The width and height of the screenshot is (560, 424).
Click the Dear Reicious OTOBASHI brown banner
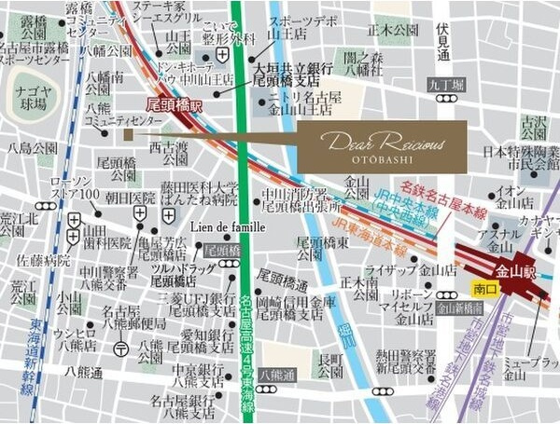[383, 146]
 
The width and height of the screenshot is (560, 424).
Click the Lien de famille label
[228, 226]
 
